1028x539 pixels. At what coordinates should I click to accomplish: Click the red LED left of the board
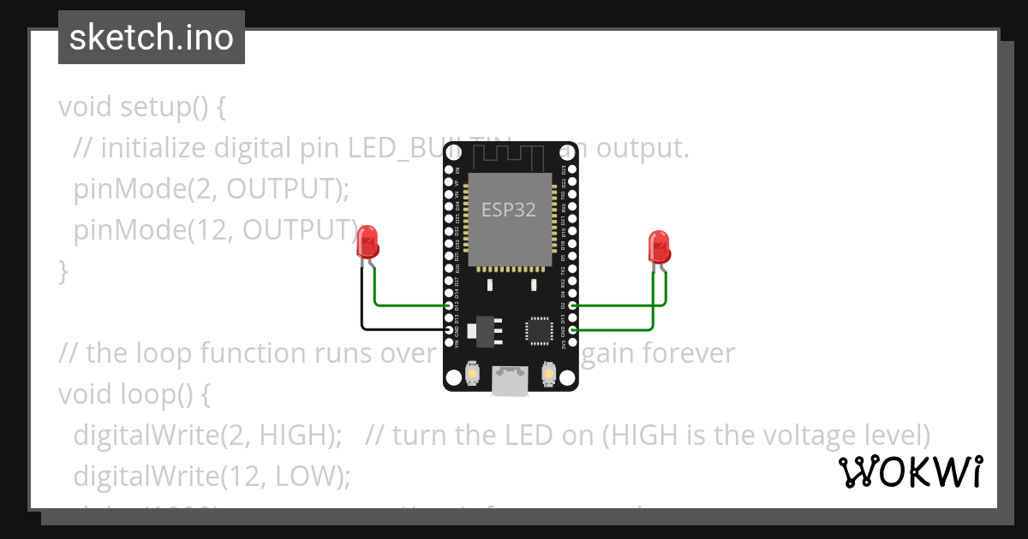(368, 242)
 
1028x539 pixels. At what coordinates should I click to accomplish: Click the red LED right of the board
(659, 246)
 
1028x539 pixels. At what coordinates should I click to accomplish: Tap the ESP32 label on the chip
(509, 210)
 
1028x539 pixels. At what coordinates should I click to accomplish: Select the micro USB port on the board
(511, 382)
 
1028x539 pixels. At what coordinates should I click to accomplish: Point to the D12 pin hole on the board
(450, 305)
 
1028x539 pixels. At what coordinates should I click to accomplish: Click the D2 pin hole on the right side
(572, 305)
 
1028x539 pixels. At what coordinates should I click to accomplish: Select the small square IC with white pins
(540, 329)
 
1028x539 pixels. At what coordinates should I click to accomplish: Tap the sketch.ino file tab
(152, 38)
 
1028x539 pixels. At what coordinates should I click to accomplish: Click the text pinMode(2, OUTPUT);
(212, 189)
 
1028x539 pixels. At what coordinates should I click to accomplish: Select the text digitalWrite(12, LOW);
(212, 476)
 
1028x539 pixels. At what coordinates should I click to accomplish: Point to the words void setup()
(134, 108)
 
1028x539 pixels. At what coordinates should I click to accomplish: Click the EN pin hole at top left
(450, 170)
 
